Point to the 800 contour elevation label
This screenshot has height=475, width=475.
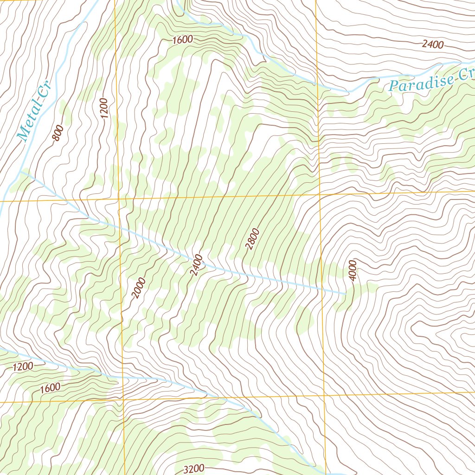(58, 134)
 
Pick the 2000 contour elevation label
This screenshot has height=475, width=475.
(138, 288)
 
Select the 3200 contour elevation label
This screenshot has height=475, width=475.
(193, 469)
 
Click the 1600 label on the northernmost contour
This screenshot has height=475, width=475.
(182, 40)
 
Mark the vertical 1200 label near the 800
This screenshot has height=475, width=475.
(103, 108)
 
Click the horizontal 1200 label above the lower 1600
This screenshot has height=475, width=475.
(23, 367)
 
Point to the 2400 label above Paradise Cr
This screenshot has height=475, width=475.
(433, 45)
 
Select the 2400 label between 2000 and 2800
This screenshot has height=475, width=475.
(196, 265)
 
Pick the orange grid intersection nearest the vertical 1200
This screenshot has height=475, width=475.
(118, 199)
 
